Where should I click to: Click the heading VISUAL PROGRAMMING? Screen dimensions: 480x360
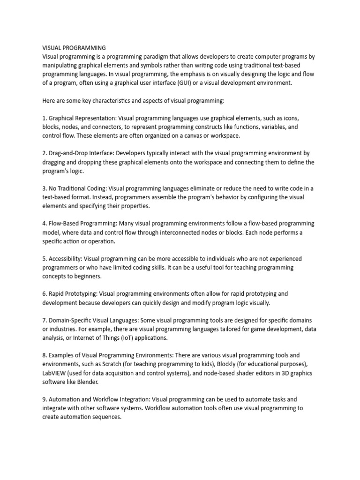[x=74, y=48]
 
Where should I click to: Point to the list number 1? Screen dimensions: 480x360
[x=44, y=118]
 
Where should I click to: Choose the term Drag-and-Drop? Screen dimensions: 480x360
[x=67, y=153]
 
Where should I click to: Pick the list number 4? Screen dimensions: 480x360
[x=44, y=224]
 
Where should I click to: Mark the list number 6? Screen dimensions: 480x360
[x=44, y=294]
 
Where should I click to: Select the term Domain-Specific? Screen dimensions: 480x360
[x=71, y=320]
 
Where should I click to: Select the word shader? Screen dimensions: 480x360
[x=232, y=373]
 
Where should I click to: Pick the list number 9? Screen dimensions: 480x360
[x=44, y=399]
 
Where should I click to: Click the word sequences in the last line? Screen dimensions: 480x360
[x=107, y=417]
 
